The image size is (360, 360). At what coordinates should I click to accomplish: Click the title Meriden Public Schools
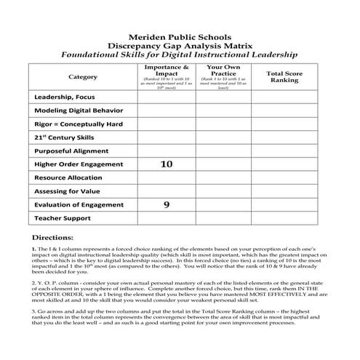click(x=180, y=34)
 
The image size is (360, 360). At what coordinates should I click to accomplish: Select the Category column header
click(x=82, y=76)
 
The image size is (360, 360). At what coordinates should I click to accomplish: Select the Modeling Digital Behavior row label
click(x=79, y=111)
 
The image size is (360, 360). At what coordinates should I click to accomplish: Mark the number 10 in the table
click(x=166, y=164)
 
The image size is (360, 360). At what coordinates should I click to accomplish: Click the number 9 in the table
click(x=166, y=205)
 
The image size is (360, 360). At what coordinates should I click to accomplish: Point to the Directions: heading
click(x=53, y=238)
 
